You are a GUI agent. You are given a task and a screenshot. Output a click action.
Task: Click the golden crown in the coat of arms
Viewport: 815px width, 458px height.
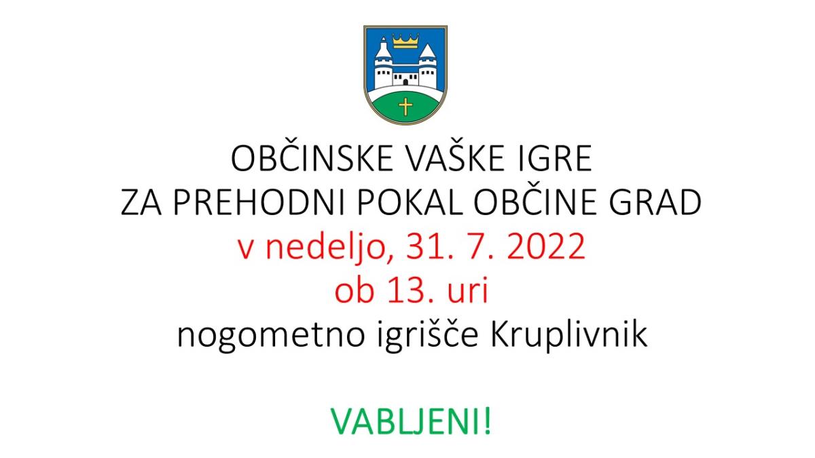(x=405, y=41)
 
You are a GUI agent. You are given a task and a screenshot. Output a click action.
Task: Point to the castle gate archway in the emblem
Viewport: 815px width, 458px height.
(x=405, y=83)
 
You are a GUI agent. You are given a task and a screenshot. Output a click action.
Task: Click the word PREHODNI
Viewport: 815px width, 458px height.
(x=259, y=202)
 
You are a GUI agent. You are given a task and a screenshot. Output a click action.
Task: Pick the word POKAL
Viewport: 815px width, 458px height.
(x=410, y=202)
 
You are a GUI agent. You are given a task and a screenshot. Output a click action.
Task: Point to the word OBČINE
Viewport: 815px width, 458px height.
(x=535, y=202)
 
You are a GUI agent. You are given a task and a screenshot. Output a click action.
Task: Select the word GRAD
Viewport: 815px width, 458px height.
(x=655, y=202)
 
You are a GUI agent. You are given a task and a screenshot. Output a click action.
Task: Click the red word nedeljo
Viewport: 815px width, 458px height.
(x=329, y=247)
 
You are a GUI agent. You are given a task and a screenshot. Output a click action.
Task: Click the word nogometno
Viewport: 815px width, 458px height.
(x=271, y=335)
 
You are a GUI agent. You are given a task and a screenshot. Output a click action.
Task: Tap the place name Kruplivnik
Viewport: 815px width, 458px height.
(x=569, y=335)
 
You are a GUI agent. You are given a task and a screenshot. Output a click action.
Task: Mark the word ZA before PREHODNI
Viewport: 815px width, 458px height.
(x=141, y=202)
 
